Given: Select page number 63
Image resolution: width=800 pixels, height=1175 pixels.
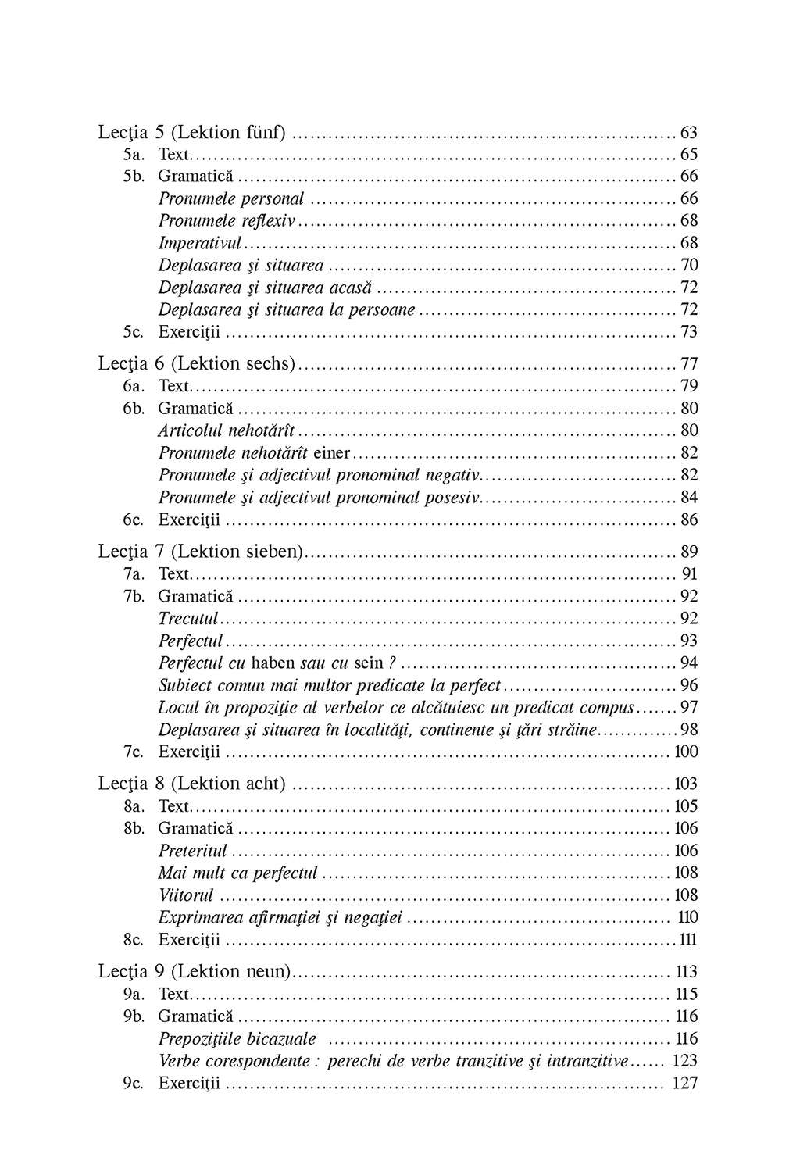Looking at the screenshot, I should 689,133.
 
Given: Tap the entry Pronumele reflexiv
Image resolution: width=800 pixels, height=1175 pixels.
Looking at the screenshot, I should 227,221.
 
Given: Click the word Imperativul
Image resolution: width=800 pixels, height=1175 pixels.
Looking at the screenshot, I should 200,243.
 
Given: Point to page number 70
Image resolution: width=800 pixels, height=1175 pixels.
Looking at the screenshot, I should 689,266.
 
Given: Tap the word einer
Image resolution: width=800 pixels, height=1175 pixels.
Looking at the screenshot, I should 331,453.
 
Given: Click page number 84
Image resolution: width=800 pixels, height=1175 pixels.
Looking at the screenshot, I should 689,498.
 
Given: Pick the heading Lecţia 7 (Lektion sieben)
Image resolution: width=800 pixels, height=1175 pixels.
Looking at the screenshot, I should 201,552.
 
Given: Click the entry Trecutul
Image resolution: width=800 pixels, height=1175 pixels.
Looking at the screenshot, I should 188,619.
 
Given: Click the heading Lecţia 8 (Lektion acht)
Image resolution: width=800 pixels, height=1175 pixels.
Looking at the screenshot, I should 192,784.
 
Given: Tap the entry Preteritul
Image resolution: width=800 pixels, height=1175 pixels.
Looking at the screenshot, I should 193,851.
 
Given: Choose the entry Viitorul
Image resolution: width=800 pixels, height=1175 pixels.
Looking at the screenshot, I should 186,895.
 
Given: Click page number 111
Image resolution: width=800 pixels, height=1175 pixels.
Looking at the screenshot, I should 687,940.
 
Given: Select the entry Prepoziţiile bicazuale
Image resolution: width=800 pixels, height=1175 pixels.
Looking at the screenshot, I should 237,1039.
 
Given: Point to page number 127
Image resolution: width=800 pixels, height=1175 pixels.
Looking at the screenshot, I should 685,1084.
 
